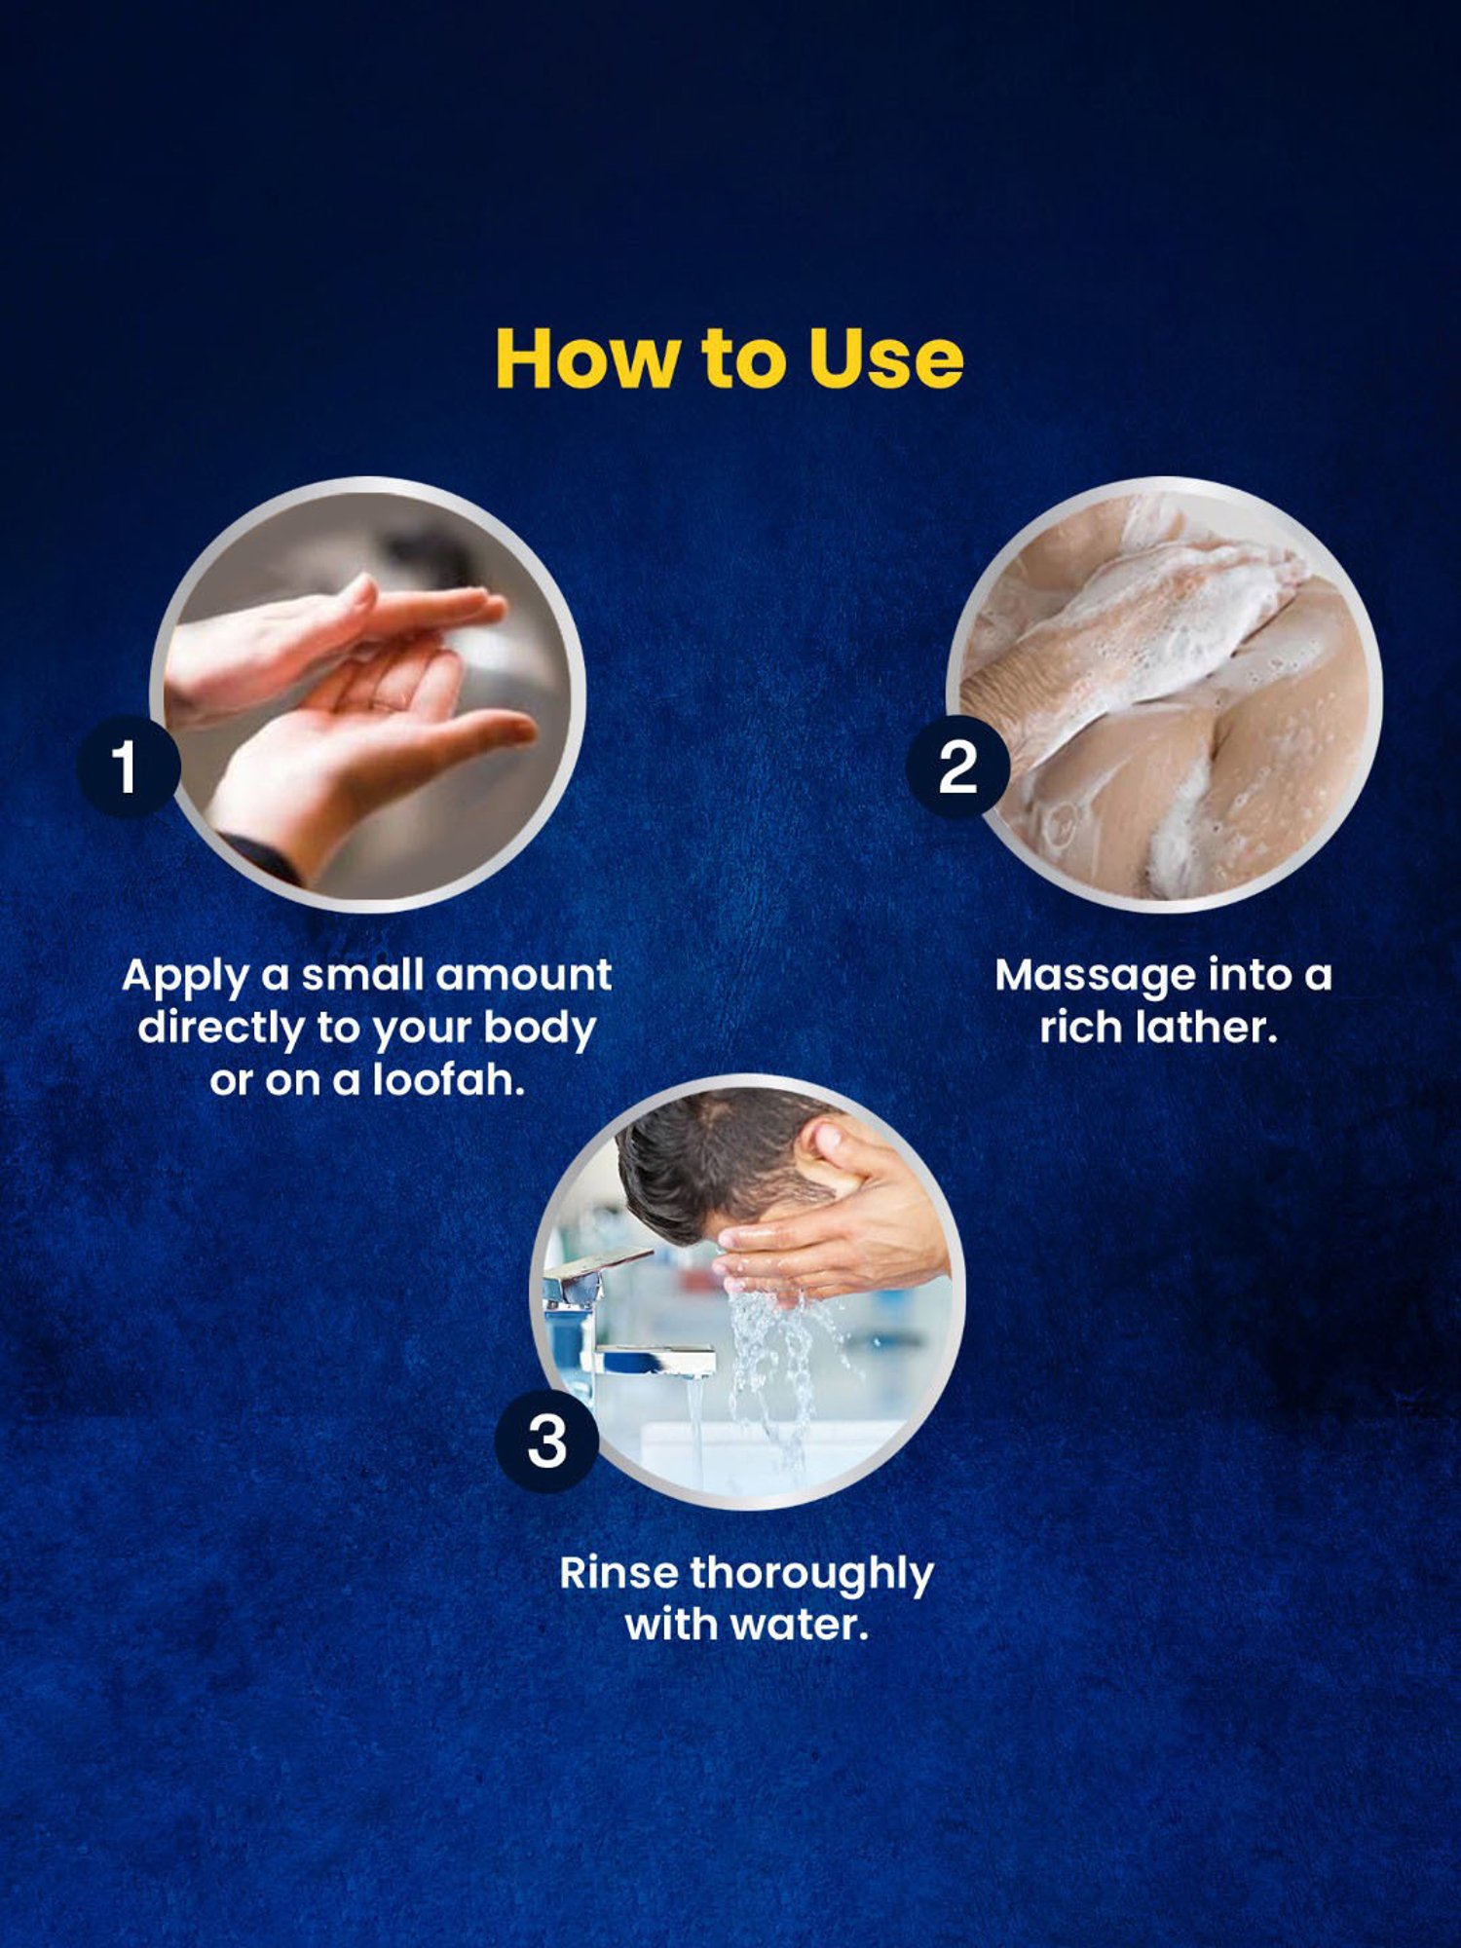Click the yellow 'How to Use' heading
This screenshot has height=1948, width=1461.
[730, 358]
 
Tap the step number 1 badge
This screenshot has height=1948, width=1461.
[128, 767]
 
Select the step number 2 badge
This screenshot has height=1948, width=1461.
[957, 767]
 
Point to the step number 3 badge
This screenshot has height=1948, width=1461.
[546, 1442]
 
